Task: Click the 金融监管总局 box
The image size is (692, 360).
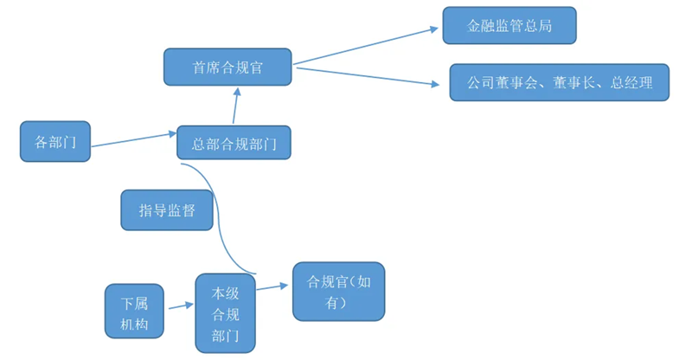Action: pyautogui.click(x=509, y=26)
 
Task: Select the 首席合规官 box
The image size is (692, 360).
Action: pyautogui.click(x=227, y=67)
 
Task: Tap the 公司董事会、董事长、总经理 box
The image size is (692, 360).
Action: pyautogui.click(x=559, y=83)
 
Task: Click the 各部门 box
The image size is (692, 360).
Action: pyautogui.click(x=55, y=142)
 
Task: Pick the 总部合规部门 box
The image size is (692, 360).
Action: pyautogui.click(x=234, y=144)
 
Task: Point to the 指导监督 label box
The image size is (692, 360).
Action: pyautogui.click(x=166, y=210)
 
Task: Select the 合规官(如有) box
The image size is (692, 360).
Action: pyautogui.click(x=338, y=292)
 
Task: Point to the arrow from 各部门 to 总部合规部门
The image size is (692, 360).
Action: pyautogui.click(x=133, y=140)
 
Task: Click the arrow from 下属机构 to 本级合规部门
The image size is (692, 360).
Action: pyautogui.click(x=181, y=305)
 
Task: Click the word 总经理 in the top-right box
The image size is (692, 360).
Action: pyautogui.click(x=631, y=83)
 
